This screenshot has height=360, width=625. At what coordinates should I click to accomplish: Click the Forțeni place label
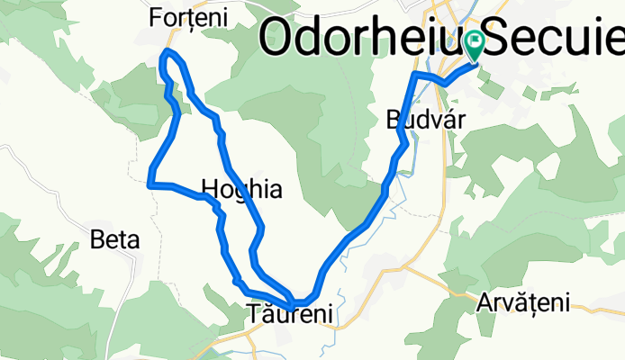click(x=190, y=17)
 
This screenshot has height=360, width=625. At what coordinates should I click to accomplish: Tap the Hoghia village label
click(x=242, y=189)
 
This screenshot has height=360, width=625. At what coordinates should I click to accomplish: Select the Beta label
click(x=115, y=240)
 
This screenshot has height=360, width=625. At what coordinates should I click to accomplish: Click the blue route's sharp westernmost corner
click(x=149, y=184)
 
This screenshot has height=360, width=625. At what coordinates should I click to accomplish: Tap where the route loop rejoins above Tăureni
click(x=294, y=301)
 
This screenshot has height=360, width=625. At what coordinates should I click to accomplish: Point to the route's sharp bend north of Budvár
click(x=415, y=77)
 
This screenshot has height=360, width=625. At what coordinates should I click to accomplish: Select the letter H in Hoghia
click(x=211, y=189)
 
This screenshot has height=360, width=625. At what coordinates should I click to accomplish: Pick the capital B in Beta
click(x=97, y=240)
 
